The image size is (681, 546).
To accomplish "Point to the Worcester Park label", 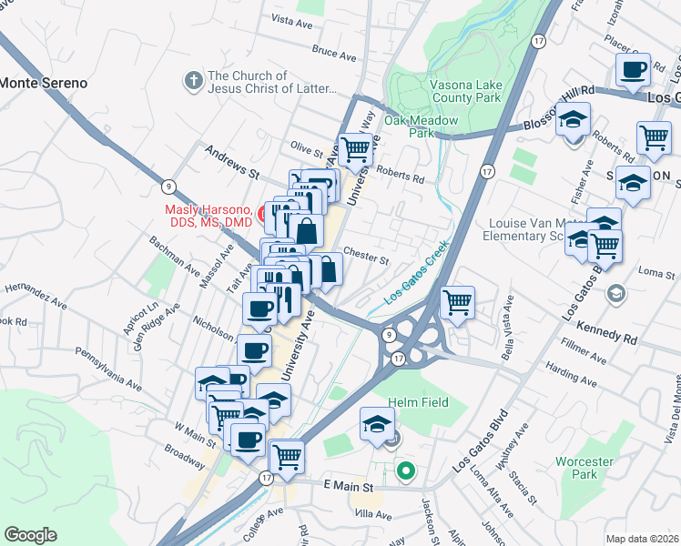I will pyautogui.click(x=584, y=468).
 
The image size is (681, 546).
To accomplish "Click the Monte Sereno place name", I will pyautogui.click(x=44, y=83).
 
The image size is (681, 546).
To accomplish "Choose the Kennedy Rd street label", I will pyautogui.click(x=605, y=337).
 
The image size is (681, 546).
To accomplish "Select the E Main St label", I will pyautogui.click(x=350, y=488).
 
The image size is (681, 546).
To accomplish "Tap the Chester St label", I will pyautogui.click(x=366, y=257).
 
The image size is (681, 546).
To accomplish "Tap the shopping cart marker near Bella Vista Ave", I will pyautogui.click(x=457, y=302).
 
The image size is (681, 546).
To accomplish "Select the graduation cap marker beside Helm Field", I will pyautogui.click(x=376, y=424).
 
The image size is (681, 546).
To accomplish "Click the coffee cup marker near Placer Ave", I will pyautogui.click(x=632, y=69).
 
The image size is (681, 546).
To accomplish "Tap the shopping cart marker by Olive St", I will pyautogui.click(x=355, y=147).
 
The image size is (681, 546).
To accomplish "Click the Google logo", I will pyautogui.click(x=31, y=534).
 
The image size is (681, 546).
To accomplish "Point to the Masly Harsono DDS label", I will pyautogui.click(x=208, y=215).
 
